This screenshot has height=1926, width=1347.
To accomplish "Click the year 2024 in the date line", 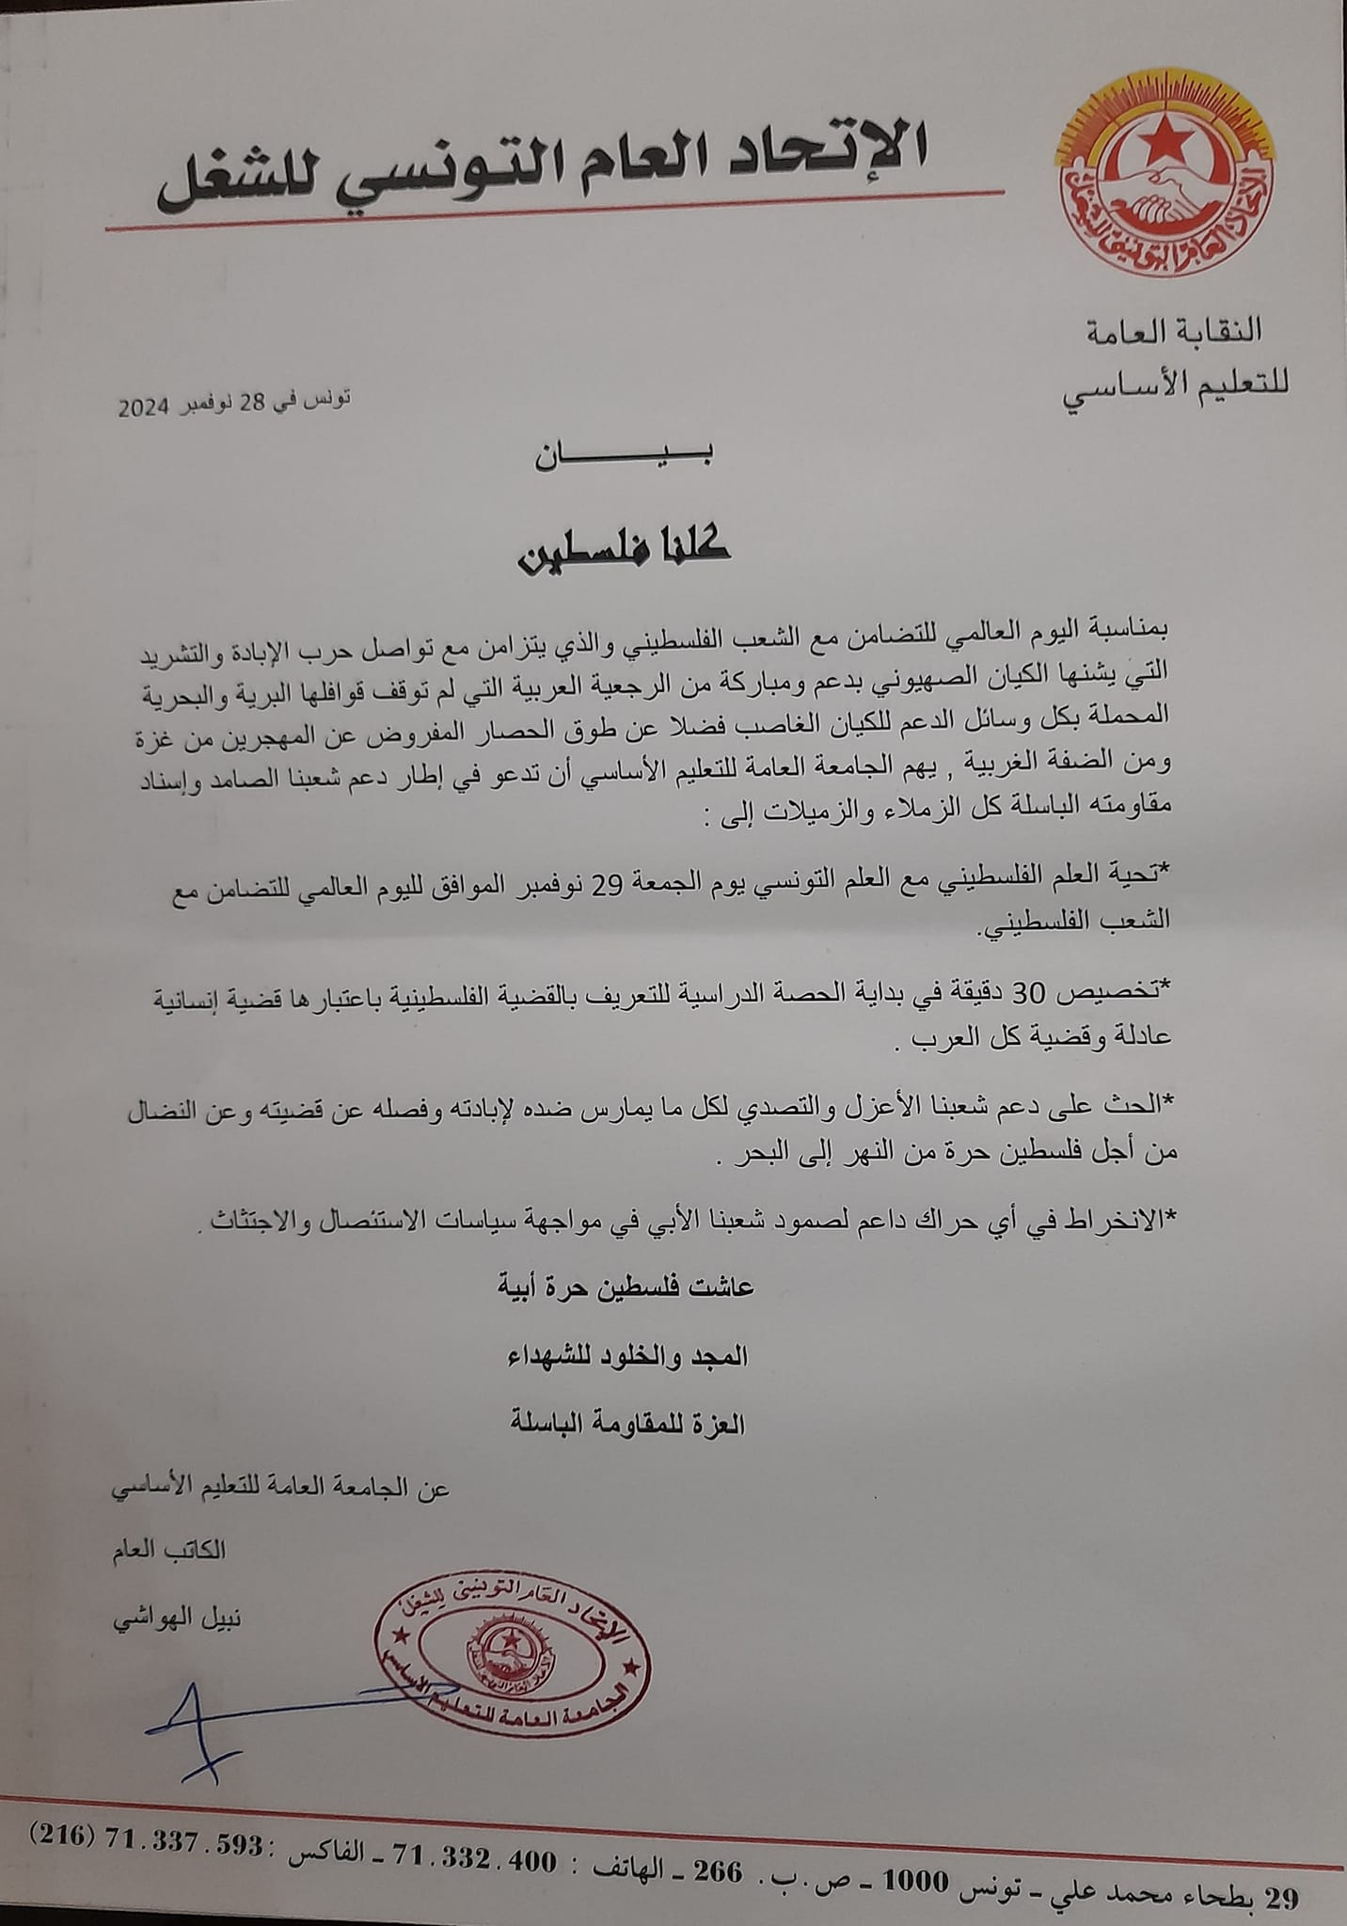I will pos(141,407).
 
